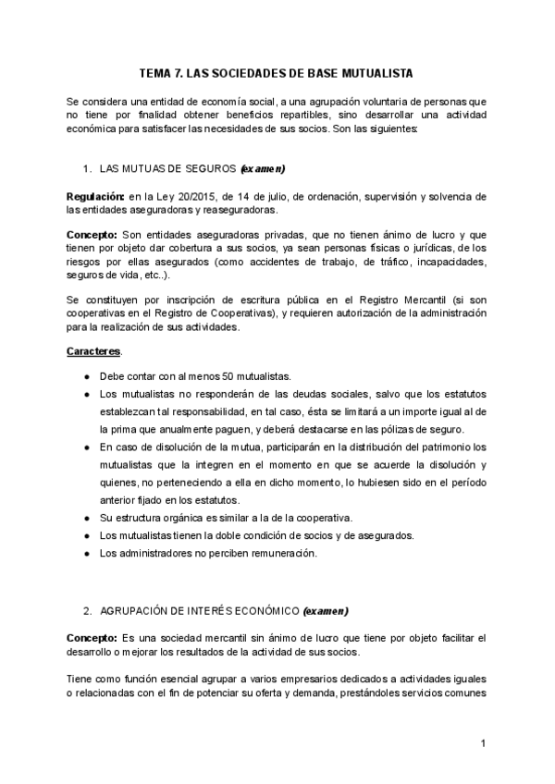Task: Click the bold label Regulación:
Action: click(x=96, y=197)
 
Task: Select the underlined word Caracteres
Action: click(x=94, y=352)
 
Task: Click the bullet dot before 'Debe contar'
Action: click(x=86, y=376)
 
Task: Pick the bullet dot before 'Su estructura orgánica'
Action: click(x=86, y=516)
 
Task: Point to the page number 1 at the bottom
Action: click(x=483, y=743)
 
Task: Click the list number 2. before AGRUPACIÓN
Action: click(x=86, y=611)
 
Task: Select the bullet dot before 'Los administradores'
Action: click(x=86, y=553)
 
